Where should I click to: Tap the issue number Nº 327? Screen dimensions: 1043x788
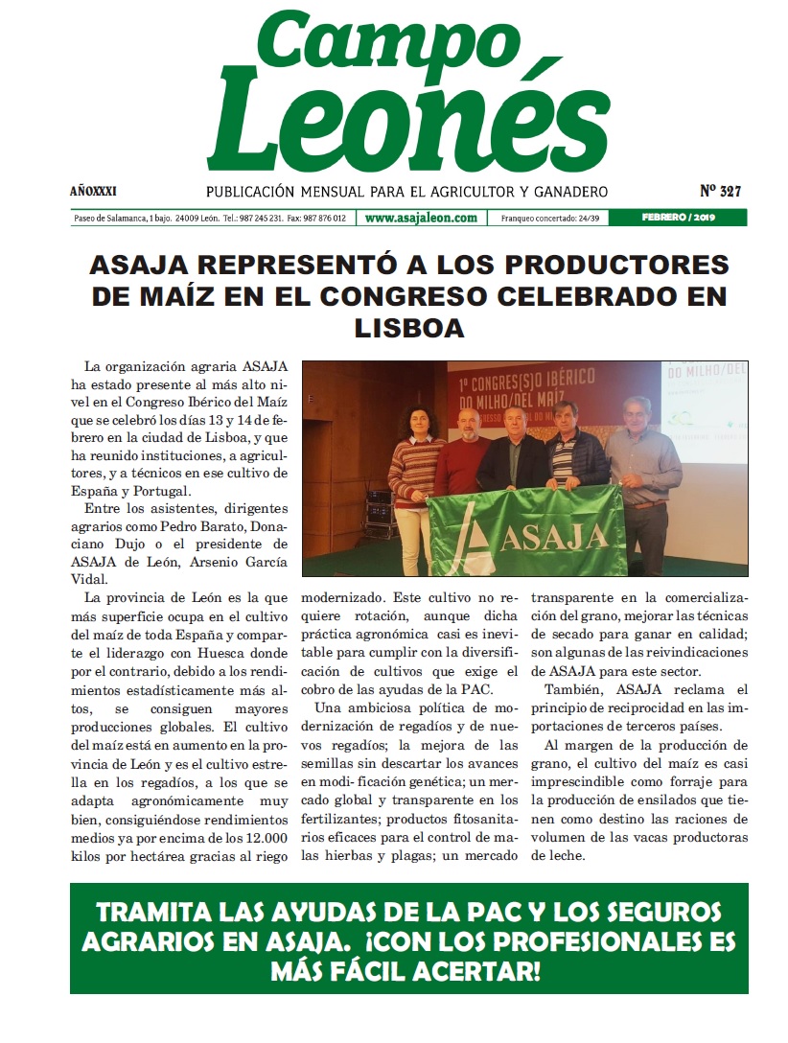click(721, 191)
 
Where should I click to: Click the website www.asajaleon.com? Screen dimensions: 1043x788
click(421, 218)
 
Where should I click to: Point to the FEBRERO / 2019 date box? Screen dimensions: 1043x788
click(693, 218)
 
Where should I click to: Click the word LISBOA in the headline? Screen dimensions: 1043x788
click(409, 327)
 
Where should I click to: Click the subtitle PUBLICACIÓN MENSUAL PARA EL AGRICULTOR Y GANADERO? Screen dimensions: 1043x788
click(407, 192)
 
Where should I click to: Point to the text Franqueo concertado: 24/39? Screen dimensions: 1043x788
click(549, 219)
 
